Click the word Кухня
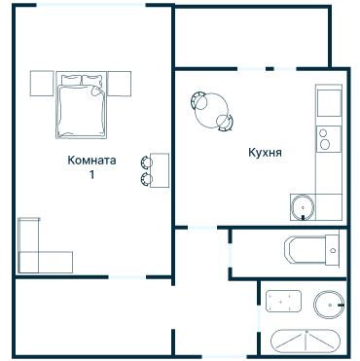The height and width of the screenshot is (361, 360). pos(265,153)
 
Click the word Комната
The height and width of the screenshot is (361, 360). pos(91,160)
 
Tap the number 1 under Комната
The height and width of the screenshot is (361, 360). pos(92,175)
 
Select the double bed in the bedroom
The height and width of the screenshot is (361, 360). pos(82,105)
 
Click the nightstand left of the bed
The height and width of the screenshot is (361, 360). pos(42,84)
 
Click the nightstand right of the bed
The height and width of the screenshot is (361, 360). pos(120,84)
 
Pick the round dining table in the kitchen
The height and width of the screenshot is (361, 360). pos(211,110)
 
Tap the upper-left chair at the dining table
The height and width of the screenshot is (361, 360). pos(198,99)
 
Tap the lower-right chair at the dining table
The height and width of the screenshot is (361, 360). pos(225,123)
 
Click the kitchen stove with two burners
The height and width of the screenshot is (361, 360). pos(329,139)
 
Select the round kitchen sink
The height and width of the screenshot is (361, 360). pos(303,207)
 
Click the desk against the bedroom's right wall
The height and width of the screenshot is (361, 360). pos(160,170)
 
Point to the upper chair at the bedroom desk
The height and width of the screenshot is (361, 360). pos(146,162)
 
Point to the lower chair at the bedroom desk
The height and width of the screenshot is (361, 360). pos(146,179)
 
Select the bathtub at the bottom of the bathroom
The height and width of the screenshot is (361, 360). pos(306,342)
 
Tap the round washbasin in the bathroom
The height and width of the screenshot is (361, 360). pos(329,305)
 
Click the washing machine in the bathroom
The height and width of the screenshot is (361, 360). pos(284,301)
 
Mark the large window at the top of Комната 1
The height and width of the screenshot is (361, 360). pos(90,5)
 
